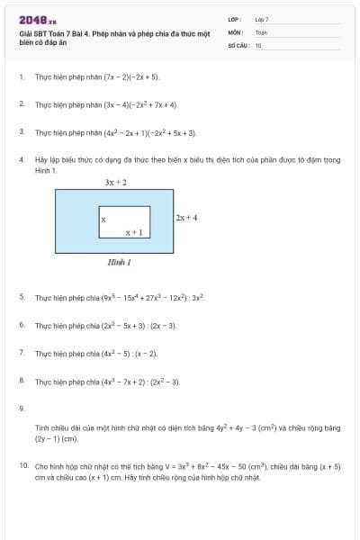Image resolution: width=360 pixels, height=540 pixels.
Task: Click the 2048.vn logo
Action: click(37, 19)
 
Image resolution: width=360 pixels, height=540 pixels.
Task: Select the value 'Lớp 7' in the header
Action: click(262, 19)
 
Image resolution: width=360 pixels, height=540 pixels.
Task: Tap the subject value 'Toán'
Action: click(261, 31)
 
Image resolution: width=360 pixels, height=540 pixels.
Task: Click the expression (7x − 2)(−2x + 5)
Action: click(132, 77)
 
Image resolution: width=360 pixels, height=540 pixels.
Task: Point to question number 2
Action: click(21, 104)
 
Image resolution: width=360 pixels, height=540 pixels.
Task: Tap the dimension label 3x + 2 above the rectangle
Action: click(115, 183)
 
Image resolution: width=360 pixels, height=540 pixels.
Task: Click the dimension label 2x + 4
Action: click(186, 218)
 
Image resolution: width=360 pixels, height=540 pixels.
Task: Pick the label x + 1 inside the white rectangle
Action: click(134, 232)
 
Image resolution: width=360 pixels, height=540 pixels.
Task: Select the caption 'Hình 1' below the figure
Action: click(119, 263)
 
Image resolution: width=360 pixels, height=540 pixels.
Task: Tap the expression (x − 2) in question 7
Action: click(144, 354)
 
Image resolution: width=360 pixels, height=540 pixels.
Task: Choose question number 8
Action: click(21, 382)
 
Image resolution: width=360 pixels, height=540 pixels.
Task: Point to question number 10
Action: click(22, 467)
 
